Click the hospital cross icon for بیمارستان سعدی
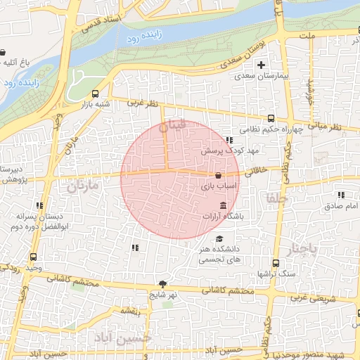pos(261,66)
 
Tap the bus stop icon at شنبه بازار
pos(95,94)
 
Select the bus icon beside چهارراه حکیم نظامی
pos(269,120)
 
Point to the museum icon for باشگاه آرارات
pos(224,206)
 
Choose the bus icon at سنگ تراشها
pos(276,264)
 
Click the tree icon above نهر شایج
pos(163,283)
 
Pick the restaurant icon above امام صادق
pos(342,195)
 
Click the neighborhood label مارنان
pos(82,187)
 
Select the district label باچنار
pos(303,249)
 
